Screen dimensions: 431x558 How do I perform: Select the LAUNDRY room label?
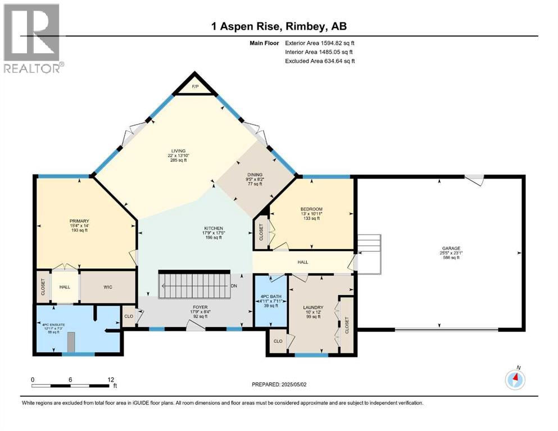(x=312, y=308)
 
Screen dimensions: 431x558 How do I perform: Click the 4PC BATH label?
(x=266, y=297)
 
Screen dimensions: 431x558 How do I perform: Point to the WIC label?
(x=108, y=287)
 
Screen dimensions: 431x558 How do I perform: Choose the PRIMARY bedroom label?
(x=79, y=221)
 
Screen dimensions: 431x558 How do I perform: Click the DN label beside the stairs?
(x=234, y=286)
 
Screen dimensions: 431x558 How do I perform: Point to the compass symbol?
(x=515, y=380)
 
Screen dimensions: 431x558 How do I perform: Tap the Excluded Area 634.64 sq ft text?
(x=320, y=61)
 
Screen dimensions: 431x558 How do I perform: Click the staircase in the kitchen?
(x=195, y=286)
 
